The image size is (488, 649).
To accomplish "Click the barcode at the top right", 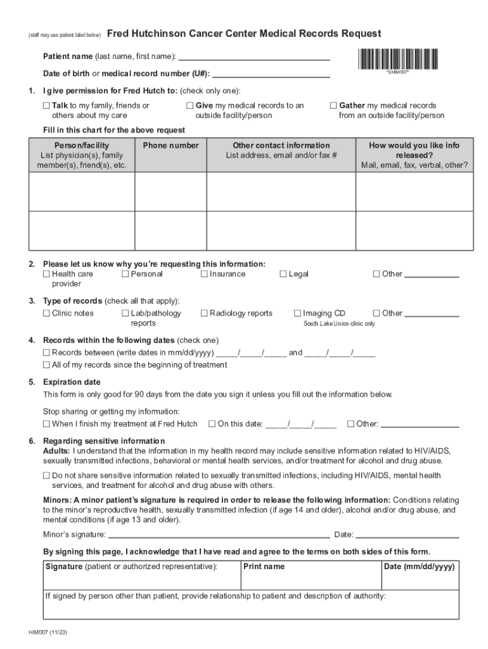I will point(397,59).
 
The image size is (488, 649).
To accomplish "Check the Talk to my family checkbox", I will point(47,106).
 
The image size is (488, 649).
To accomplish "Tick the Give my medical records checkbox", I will point(190,106).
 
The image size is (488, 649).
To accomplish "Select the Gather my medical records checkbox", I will point(333,106).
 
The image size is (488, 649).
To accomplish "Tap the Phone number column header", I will point(170,146).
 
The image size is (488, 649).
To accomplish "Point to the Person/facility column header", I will point(82,146).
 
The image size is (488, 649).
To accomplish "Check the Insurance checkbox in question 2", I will point(205,274).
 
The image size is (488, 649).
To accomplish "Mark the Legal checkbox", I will point(283,274).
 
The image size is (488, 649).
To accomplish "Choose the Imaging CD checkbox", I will point(298,313).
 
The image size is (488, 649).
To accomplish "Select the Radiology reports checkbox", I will point(205,313).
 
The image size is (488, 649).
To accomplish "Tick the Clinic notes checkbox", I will point(47,313).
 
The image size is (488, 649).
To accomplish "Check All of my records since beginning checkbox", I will point(47,365).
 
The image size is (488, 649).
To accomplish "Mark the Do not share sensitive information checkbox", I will point(47,475).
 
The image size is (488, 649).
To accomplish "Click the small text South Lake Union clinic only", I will point(339,324).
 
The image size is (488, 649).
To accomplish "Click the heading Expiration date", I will point(72,382).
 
